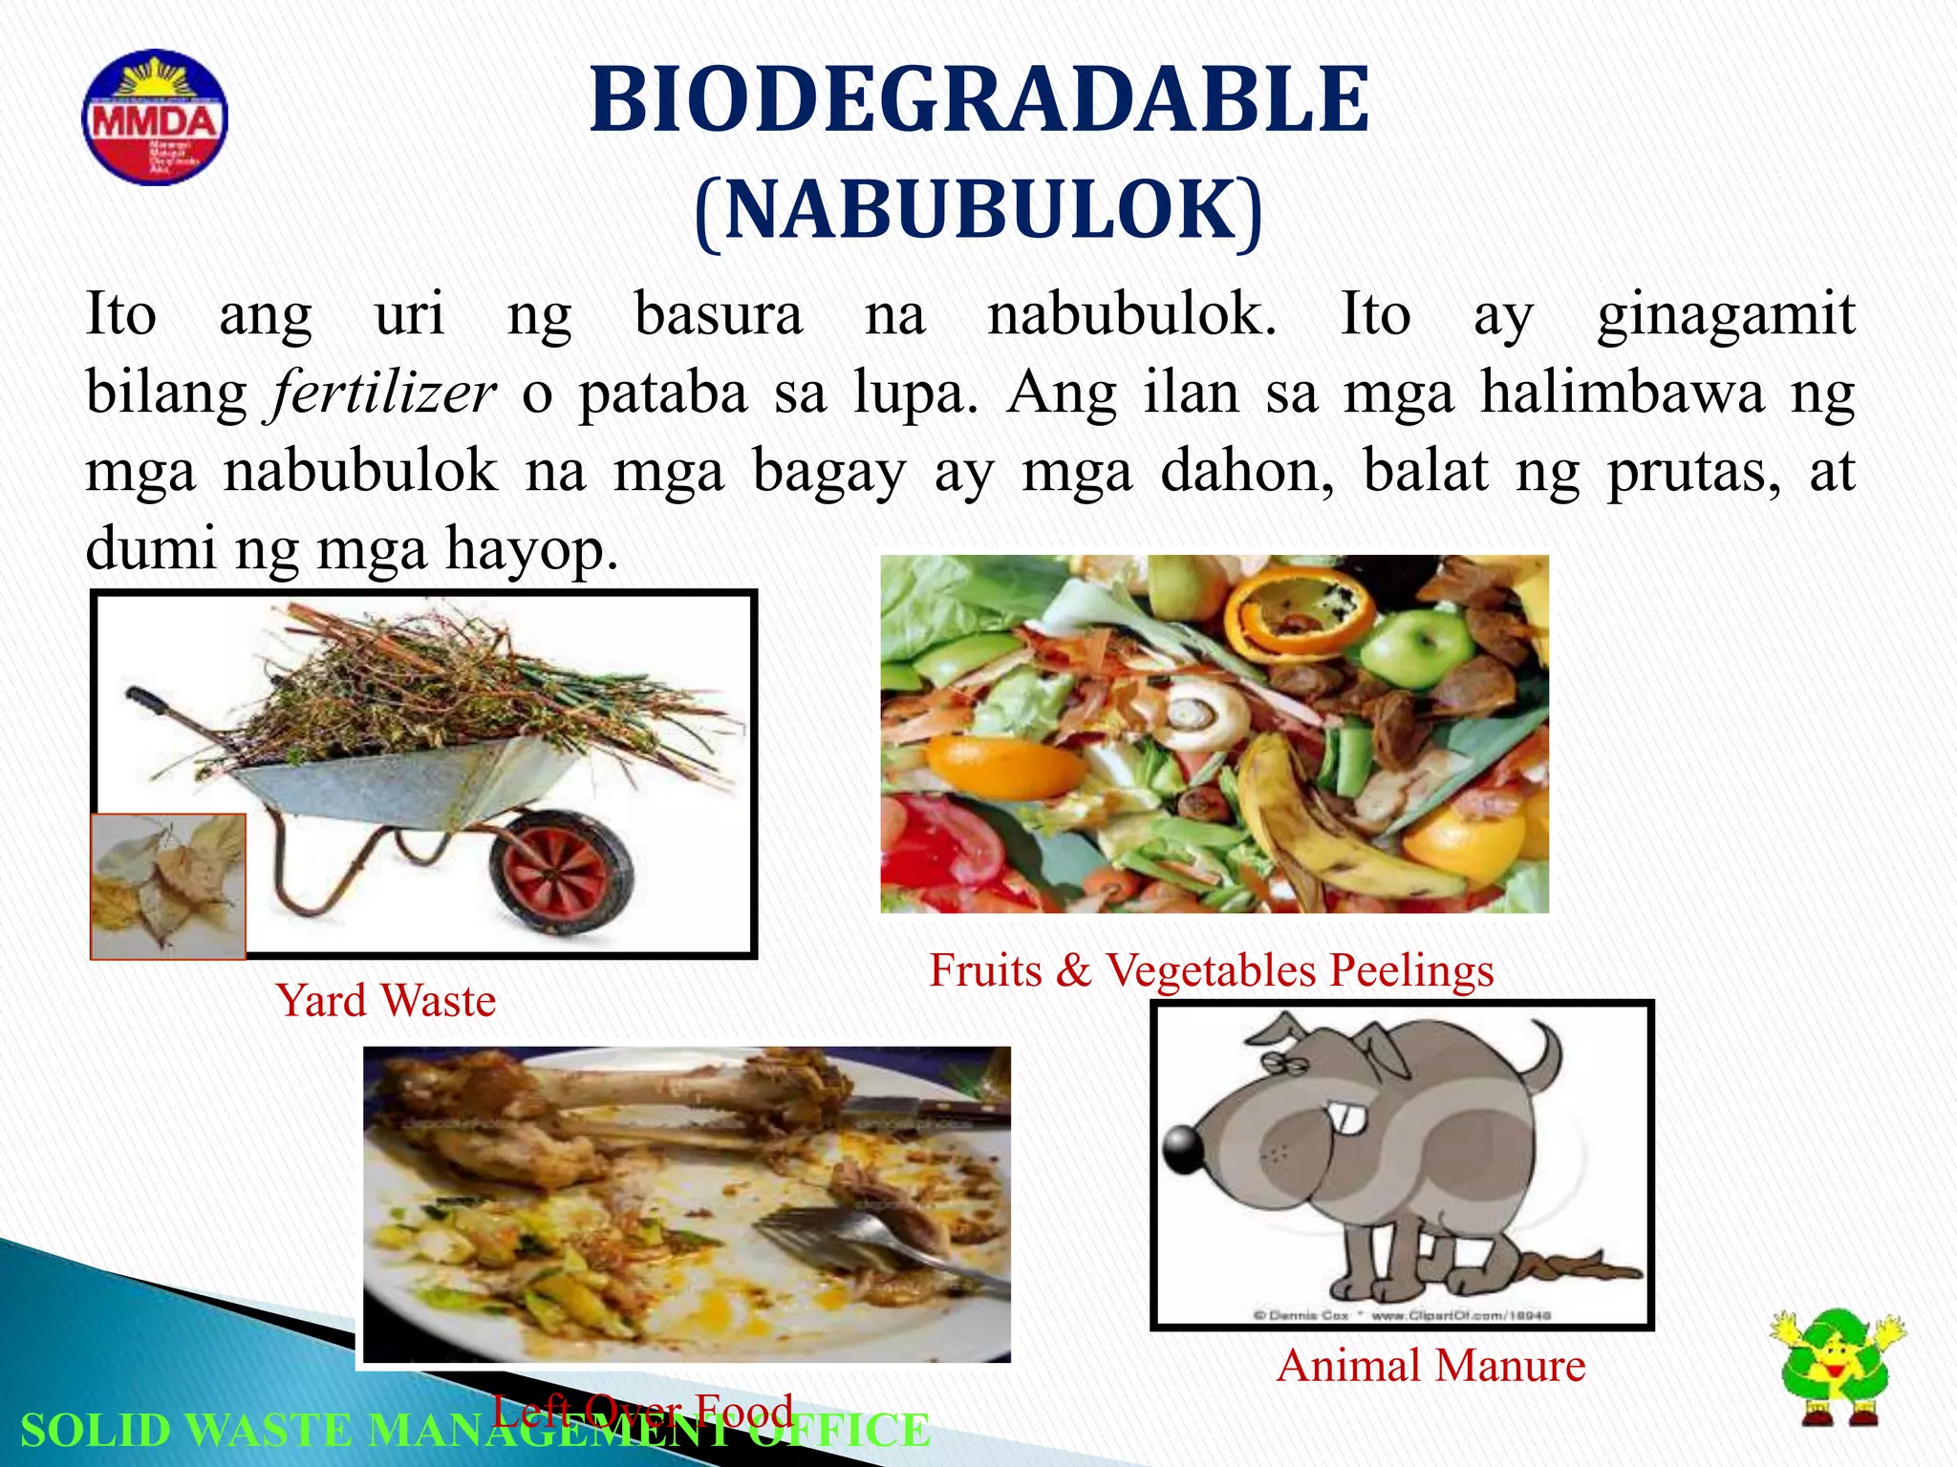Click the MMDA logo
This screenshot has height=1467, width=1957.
(155, 117)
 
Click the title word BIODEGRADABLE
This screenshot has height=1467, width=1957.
(979, 99)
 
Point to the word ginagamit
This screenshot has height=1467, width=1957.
(1726, 314)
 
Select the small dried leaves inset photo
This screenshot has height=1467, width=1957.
(168, 885)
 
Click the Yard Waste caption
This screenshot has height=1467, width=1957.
(386, 1001)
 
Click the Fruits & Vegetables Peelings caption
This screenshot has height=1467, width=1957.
(1212, 970)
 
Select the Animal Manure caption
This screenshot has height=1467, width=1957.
(1430, 1366)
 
